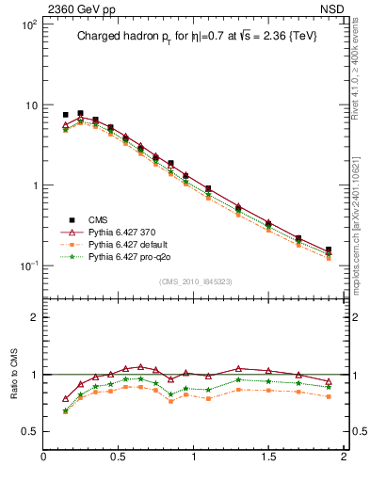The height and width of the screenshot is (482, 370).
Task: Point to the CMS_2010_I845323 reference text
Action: click(x=195, y=281)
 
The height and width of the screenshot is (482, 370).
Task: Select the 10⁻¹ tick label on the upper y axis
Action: click(x=28, y=266)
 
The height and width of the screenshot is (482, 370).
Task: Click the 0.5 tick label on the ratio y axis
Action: click(x=28, y=431)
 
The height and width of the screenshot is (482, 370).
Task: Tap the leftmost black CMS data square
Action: click(x=65, y=115)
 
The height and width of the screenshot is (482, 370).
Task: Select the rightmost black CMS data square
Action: click(x=329, y=250)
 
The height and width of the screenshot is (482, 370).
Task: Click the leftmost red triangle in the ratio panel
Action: click(x=65, y=398)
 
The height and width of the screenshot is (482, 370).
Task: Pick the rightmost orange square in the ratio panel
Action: click(x=329, y=396)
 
